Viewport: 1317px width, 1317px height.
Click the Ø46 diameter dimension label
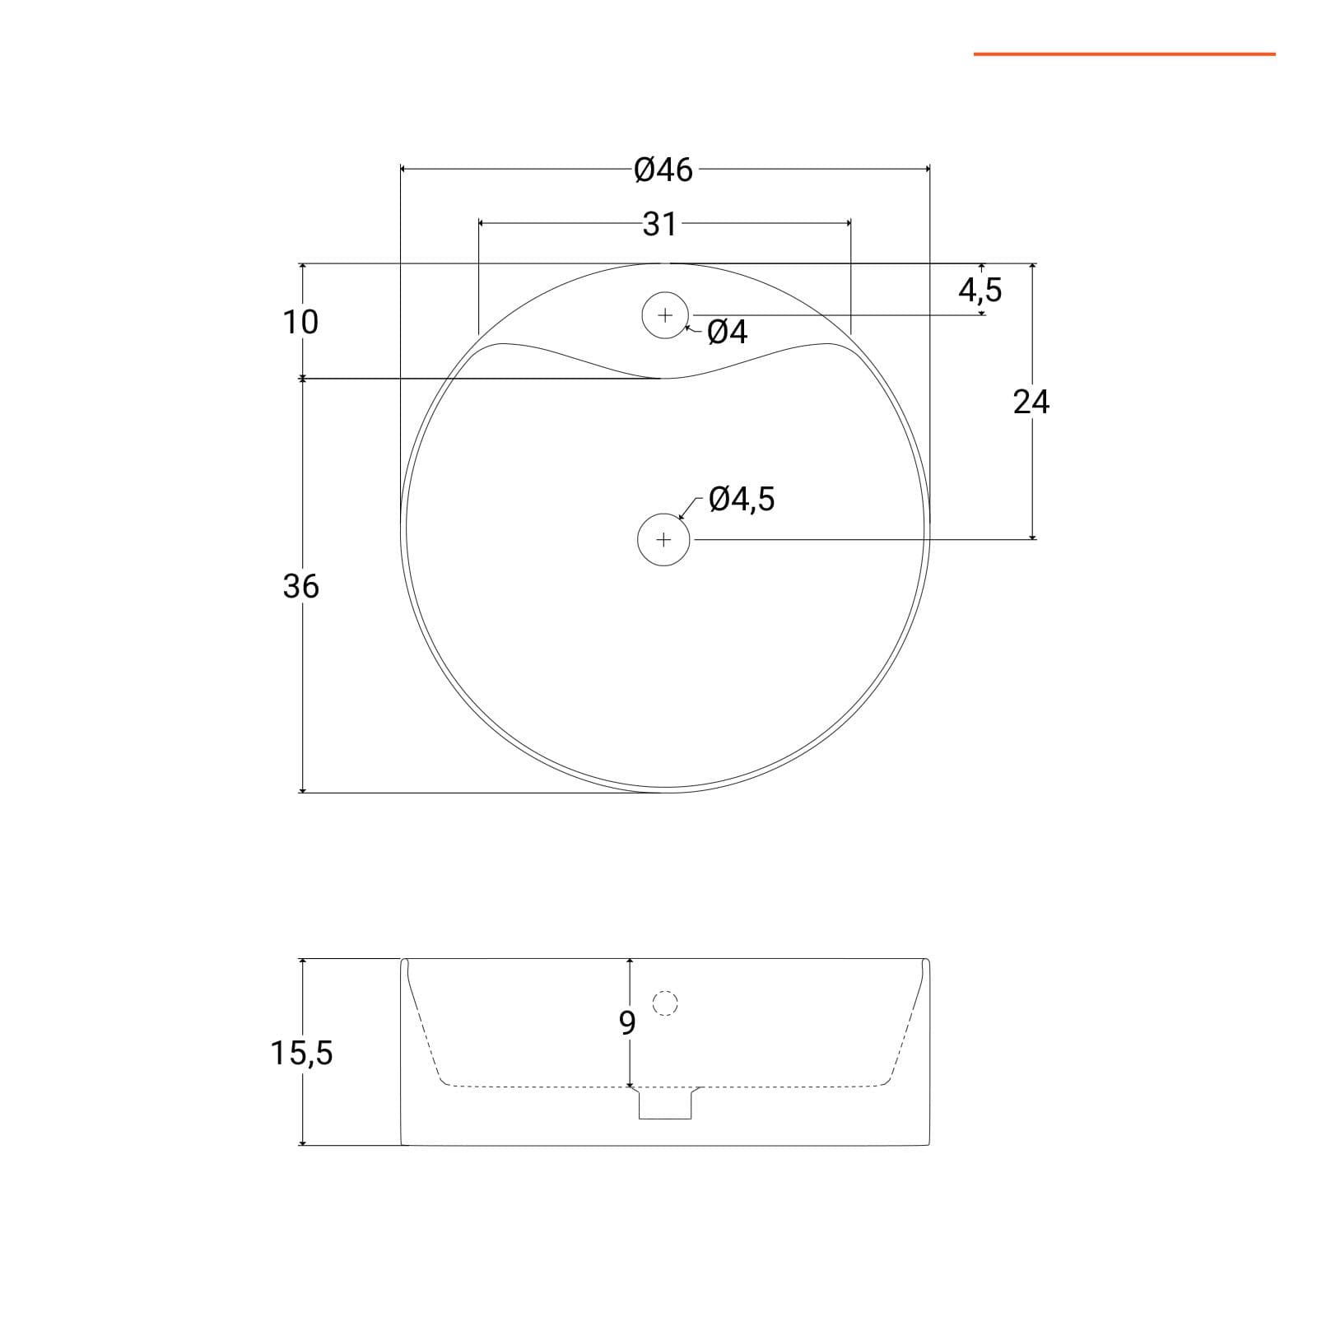[663, 170]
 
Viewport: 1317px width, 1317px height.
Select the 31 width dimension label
[660, 224]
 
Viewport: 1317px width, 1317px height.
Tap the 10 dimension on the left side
[300, 322]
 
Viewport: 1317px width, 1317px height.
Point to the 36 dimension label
[300, 586]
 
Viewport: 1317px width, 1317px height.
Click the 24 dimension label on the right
[1031, 402]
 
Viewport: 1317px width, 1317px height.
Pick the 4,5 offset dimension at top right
[980, 290]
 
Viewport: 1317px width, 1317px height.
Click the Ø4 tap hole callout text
[728, 332]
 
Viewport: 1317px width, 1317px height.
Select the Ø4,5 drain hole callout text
[742, 499]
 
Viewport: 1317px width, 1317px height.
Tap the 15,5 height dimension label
[302, 1053]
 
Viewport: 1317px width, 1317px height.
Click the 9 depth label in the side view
[627, 1022]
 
